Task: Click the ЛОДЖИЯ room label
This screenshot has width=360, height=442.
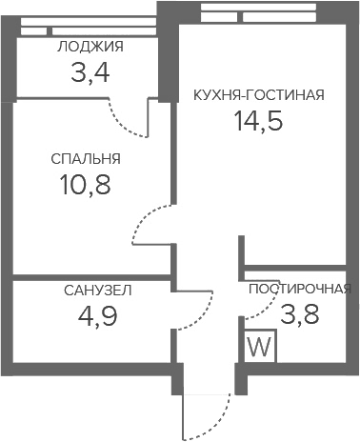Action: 90,47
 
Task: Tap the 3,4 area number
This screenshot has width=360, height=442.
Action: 90,72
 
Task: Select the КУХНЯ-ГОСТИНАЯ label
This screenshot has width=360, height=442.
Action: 259,95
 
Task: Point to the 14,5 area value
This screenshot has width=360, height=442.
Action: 258,121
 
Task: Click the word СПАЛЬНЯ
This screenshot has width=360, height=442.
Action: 86,159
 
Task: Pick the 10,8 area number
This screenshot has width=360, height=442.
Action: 85,185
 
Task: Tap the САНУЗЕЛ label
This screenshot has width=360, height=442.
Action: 98,291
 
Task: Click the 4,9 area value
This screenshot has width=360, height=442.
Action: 98,316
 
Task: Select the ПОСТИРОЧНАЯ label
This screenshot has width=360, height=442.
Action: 300,289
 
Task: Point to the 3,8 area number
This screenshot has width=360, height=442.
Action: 300,314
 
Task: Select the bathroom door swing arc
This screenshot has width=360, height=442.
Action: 203,316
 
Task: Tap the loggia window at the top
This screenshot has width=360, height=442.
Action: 89,28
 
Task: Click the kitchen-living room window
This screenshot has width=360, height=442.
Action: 259,13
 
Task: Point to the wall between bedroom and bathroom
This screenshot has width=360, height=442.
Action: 92,277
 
